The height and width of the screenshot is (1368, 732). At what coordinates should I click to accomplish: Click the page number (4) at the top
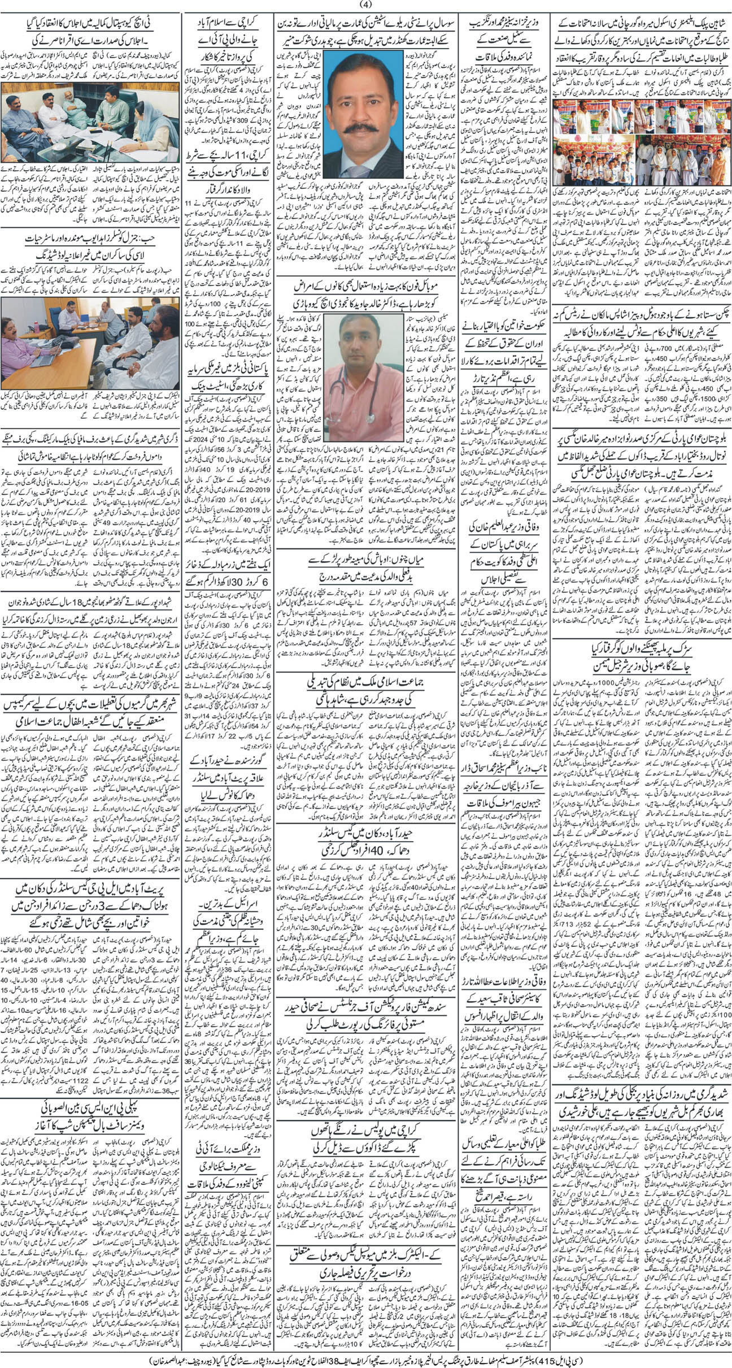click(367, 5)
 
